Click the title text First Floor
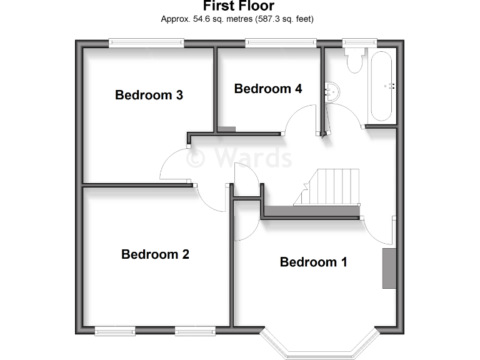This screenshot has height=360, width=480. click(x=238, y=7)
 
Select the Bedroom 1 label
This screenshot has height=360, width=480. click(x=313, y=262)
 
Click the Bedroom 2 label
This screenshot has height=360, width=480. click(x=155, y=254)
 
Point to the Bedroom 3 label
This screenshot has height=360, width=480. click(x=149, y=95)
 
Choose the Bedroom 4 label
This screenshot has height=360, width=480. click(x=268, y=89)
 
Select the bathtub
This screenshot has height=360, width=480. click(x=382, y=86)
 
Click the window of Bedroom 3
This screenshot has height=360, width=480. click(x=146, y=42)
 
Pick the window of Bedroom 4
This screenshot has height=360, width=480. click(x=280, y=42)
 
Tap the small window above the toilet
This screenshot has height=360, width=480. click(x=359, y=42)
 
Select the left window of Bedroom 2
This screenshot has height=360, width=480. click(x=115, y=330)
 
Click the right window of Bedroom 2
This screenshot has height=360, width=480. click(x=196, y=330)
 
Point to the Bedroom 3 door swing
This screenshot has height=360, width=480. click(x=175, y=167)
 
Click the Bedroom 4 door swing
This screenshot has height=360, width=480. click(x=300, y=120)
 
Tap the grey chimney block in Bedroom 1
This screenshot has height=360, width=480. click(x=389, y=268)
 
